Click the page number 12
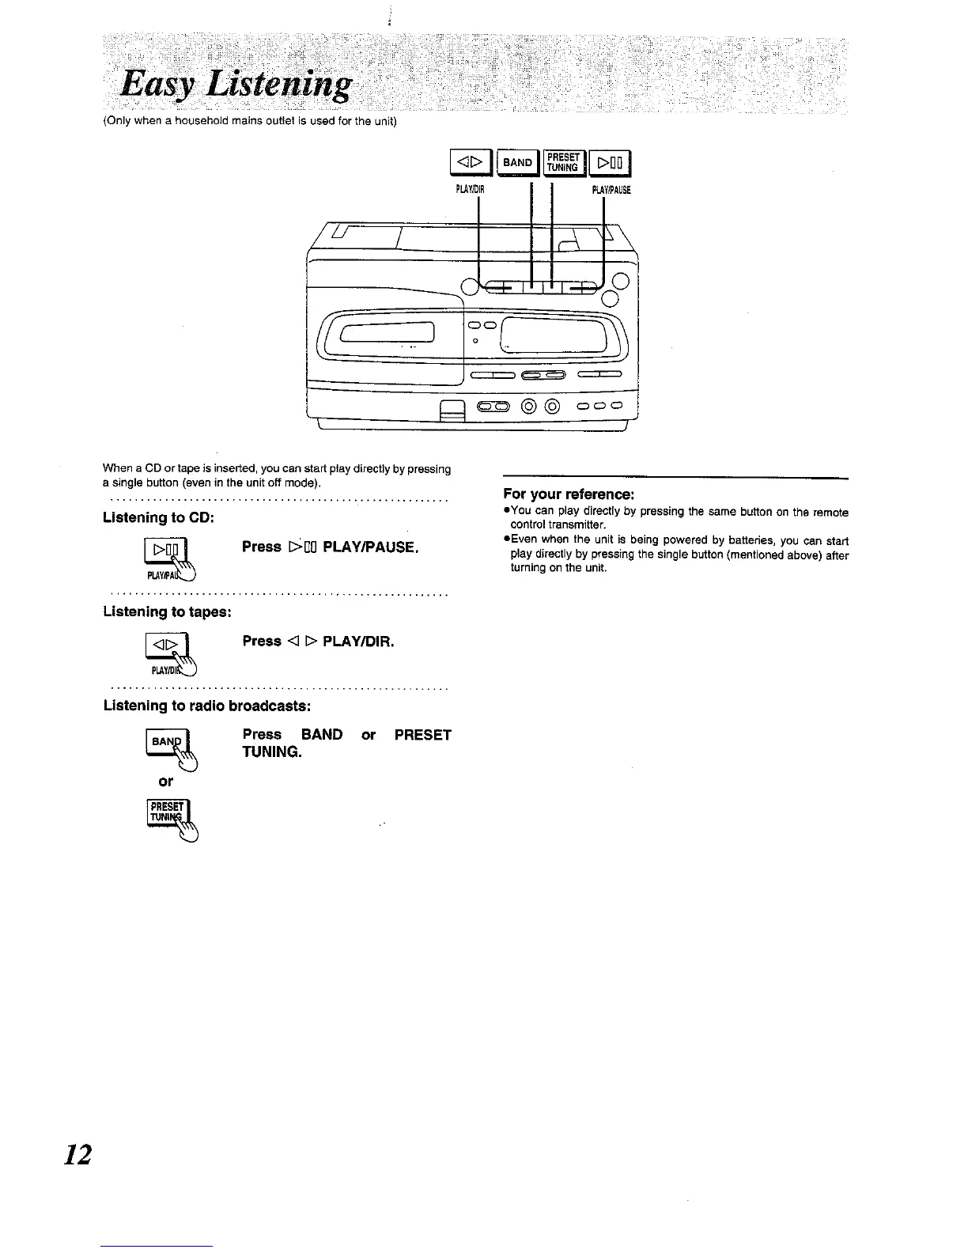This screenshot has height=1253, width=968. pyautogui.click(x=78, y=1154)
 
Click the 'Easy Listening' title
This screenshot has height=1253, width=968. pyautogui.click(x=234, y=85)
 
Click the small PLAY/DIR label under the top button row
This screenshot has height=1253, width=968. pyautogui.click(x=470, y=190)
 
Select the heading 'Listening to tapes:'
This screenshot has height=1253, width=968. pyautogui.click(x=167, y=611)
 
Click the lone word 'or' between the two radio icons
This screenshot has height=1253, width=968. pyautogui.click(x=165, y=782)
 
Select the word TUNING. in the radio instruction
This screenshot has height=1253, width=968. pyautogui.click(x=272, y=751)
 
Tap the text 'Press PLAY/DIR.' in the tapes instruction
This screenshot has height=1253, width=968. pyautogui.click(x=318, y=641)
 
